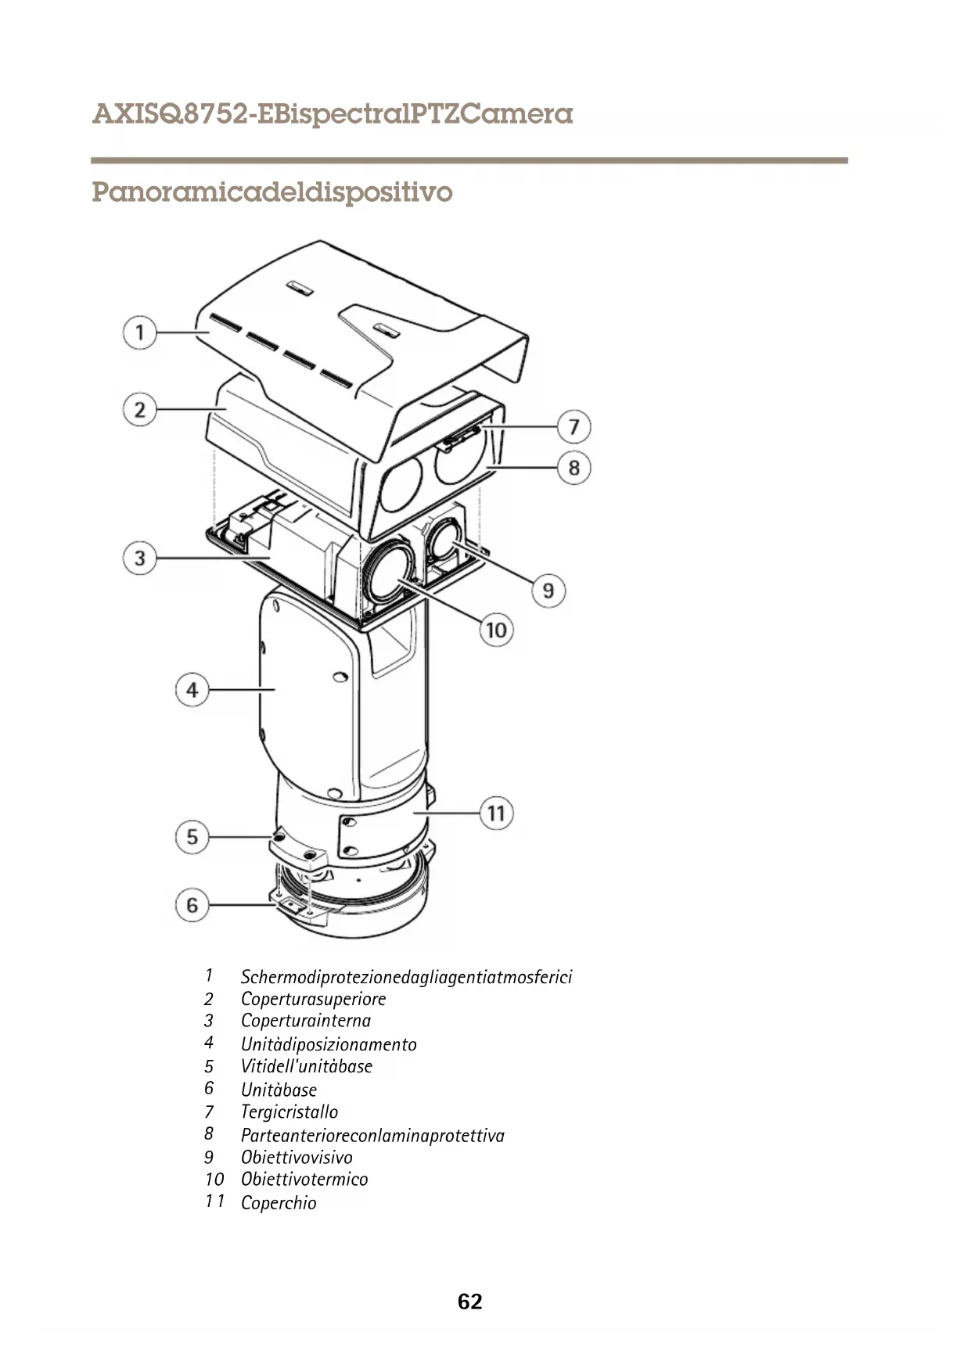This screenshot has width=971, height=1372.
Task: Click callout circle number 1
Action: (139, 333)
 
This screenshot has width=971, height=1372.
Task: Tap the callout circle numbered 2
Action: (139, 409)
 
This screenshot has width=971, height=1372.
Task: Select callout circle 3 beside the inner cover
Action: (139, 558)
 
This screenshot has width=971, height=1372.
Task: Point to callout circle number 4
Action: (192, 691)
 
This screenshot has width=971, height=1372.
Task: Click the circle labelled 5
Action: (192, 837)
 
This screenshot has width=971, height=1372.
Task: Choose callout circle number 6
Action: (192, 906)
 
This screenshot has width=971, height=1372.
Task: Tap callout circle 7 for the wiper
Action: (574, 427)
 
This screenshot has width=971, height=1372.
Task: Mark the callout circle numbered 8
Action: (574, 468)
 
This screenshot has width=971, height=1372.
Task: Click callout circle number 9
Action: (548, 590)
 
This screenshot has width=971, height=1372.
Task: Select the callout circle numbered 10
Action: (496, 630)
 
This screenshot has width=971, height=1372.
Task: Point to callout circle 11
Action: (496, 814)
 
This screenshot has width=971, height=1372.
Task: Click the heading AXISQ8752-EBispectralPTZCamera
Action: (333, 115)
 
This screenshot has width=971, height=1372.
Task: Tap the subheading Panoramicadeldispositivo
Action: (272, 192)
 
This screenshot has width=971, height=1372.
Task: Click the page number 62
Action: (469, 1302)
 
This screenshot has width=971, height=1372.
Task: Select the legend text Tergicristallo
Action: (290, 1112)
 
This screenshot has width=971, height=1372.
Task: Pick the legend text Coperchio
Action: (279, 1203)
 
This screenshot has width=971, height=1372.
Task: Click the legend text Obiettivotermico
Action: (304, 1180)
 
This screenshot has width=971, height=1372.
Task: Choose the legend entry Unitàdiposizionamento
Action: (329, 1044)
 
